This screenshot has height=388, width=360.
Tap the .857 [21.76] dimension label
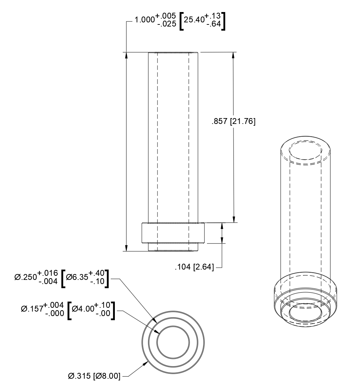coord(233,121)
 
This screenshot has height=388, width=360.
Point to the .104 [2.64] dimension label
coord(194,267)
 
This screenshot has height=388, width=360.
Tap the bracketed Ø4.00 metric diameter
coord(83,309)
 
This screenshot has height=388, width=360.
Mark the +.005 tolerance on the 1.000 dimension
coord(166,15)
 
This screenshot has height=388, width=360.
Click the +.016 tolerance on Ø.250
coord(47,273)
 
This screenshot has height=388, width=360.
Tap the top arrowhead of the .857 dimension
coord(234,55)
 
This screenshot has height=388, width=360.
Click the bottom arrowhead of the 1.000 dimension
coord(127,248)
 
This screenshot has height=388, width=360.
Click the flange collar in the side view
coord(173,233)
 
